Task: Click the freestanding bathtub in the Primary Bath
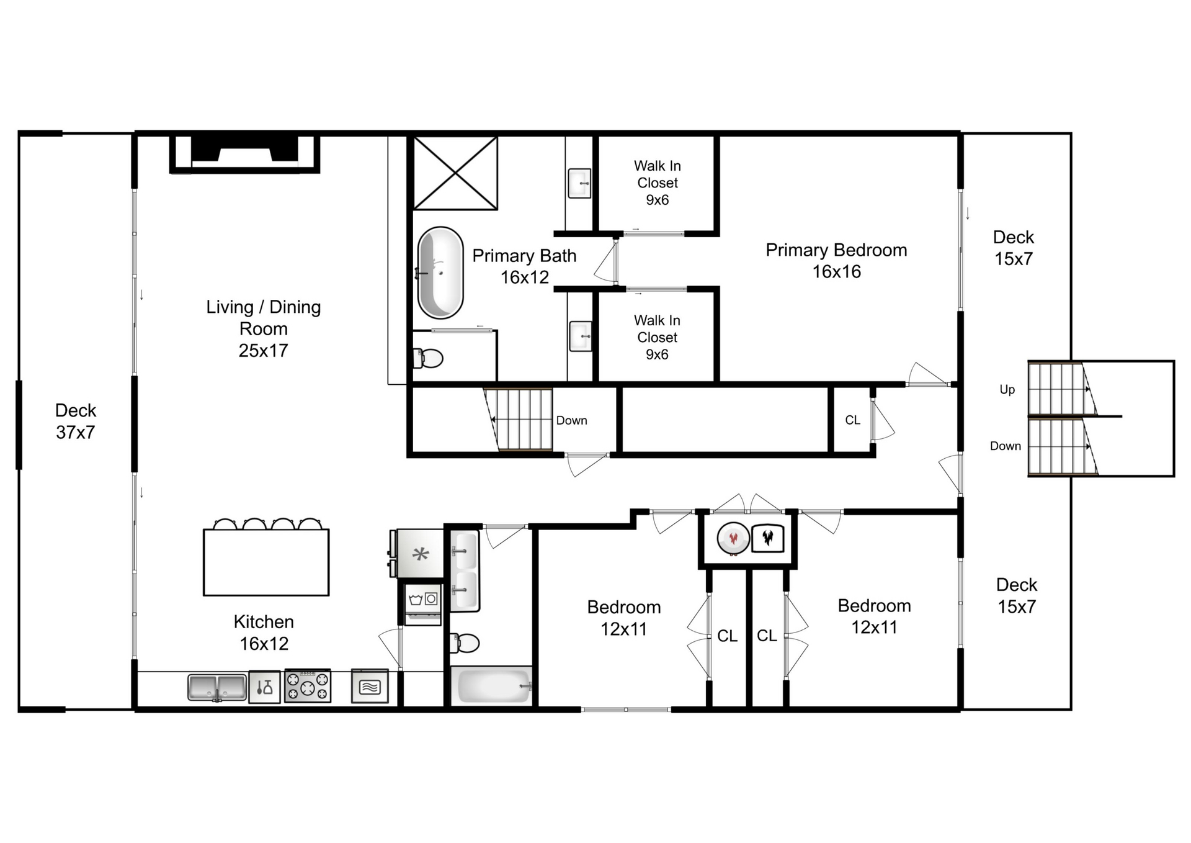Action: [440, 273]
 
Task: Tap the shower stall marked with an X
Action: [455, 173]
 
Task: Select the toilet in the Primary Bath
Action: [429, 358]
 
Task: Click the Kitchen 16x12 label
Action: [264, 632]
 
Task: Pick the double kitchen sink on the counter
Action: [217, 687]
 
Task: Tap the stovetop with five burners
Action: [308, 686]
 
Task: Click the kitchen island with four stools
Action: [266, 562]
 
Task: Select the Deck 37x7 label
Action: [76, 421]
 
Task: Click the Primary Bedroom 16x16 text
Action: [836, 260]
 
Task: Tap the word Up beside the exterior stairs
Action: [1007, 389]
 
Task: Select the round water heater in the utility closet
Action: [733, 538]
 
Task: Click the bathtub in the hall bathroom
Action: [491, 685]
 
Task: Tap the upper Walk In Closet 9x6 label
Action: [657, 183]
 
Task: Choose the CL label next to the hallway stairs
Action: [852, 420]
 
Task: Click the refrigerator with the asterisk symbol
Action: [420, 554]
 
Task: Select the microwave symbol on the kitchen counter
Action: [370, 686]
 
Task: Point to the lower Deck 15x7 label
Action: [1016, 595]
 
